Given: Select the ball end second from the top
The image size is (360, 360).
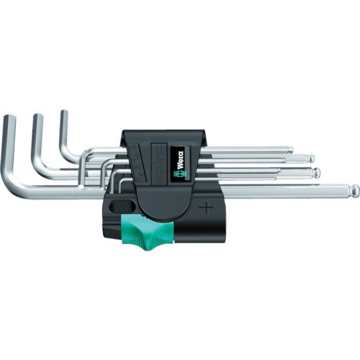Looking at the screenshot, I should pos(311,158).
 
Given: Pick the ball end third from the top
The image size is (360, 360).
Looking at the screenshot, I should pos(316,171).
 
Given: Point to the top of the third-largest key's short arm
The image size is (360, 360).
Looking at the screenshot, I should pos(65,113).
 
